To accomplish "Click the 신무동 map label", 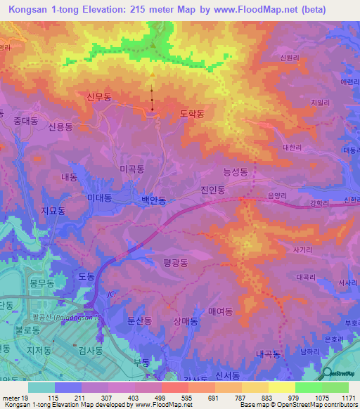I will [99, 98].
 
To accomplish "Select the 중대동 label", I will [25, 121].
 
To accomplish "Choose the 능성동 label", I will [235, 171].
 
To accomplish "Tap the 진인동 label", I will [212, 190].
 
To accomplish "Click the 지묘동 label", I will [53, 210].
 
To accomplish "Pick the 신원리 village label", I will [291, 58].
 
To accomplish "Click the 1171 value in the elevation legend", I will [348, 398].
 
